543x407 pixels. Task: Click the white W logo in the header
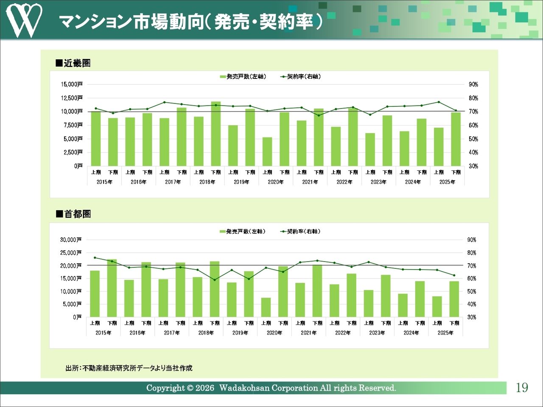(24, 20)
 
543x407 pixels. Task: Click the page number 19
(522, 387)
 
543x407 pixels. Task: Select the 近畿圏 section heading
(73, 63)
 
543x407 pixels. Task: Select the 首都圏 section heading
(74, 214)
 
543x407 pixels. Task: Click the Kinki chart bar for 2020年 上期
(267, 151)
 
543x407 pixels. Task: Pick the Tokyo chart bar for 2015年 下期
(112, 288)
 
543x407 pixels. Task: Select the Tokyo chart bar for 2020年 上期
(266, 307)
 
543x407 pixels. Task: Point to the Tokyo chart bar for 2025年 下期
(454, 299)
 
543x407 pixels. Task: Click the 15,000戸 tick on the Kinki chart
(72, 84)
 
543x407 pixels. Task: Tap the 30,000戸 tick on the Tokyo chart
(71, 240)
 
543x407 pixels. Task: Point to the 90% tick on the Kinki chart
(473, 84)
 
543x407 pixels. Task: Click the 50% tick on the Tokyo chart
(472, 292)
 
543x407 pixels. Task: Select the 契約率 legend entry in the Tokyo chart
(301, 231)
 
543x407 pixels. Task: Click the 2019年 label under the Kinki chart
(242, 182)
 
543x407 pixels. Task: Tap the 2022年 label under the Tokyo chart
(343, 333)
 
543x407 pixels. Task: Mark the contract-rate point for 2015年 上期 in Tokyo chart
(95, 258)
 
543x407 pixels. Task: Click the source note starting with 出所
(129, 368)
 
